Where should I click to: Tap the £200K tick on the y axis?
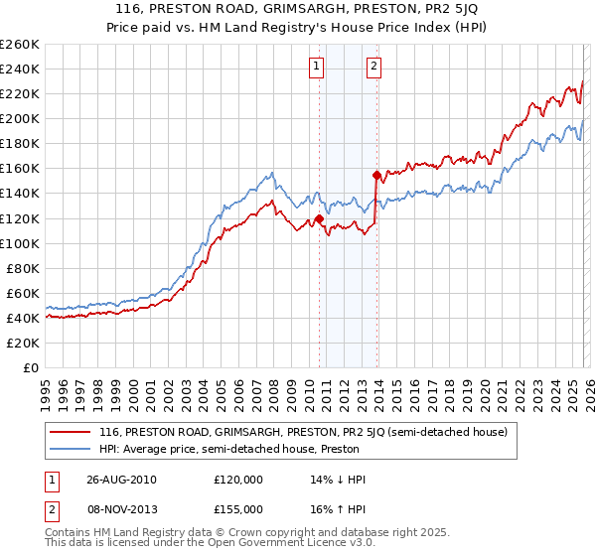[x=20, y=118]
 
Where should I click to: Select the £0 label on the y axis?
[x=31, y=367]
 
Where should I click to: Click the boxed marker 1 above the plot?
[x=316, y=67]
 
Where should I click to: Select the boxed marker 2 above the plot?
[x=373, y=67]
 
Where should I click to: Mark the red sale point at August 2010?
[x=319, y=218]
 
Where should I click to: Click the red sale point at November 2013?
[x=376, y=175]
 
